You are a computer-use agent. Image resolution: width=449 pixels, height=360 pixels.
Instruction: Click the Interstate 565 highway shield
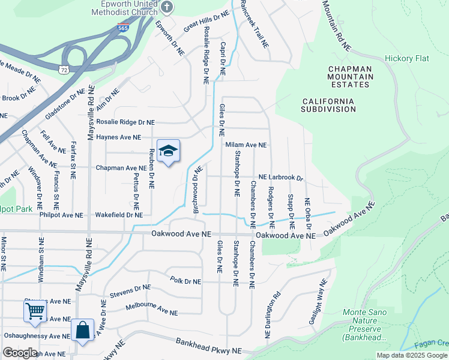tap(123, 28)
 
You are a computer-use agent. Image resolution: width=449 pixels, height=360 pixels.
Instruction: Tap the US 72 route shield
tap(64, 70)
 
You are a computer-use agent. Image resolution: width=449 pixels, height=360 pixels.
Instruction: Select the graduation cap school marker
tap(169, 152)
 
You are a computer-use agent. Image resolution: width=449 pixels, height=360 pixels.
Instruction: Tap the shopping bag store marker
tap(82, 331)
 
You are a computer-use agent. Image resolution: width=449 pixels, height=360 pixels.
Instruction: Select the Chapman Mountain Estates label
tap(350, 77)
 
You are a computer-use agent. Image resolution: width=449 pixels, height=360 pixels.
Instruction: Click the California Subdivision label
tap(328, 105)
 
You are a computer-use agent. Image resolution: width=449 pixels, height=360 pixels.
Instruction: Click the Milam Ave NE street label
tap(246, 145)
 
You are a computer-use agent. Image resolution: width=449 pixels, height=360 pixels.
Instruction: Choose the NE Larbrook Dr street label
tap(281, 178)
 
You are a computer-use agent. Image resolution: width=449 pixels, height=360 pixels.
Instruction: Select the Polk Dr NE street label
tap(185, 280)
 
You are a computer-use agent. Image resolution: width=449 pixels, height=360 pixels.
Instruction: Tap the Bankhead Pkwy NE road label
tap(209, 346)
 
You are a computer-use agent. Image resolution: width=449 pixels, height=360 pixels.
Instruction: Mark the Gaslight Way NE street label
tap(319, 302)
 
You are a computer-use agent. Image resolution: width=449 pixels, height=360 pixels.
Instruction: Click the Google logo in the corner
tap(20, 352)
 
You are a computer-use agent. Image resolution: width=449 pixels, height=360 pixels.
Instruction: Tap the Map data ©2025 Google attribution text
tap(411, 355)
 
